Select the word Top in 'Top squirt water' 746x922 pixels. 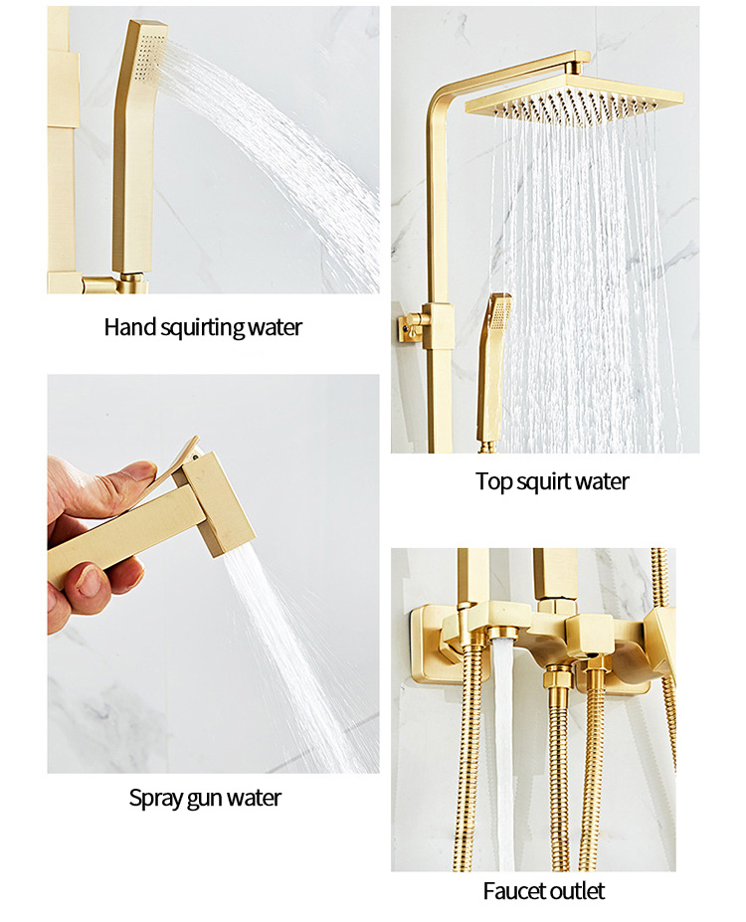492,482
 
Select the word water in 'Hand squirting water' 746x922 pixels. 276,327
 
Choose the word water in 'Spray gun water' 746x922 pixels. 254,799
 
